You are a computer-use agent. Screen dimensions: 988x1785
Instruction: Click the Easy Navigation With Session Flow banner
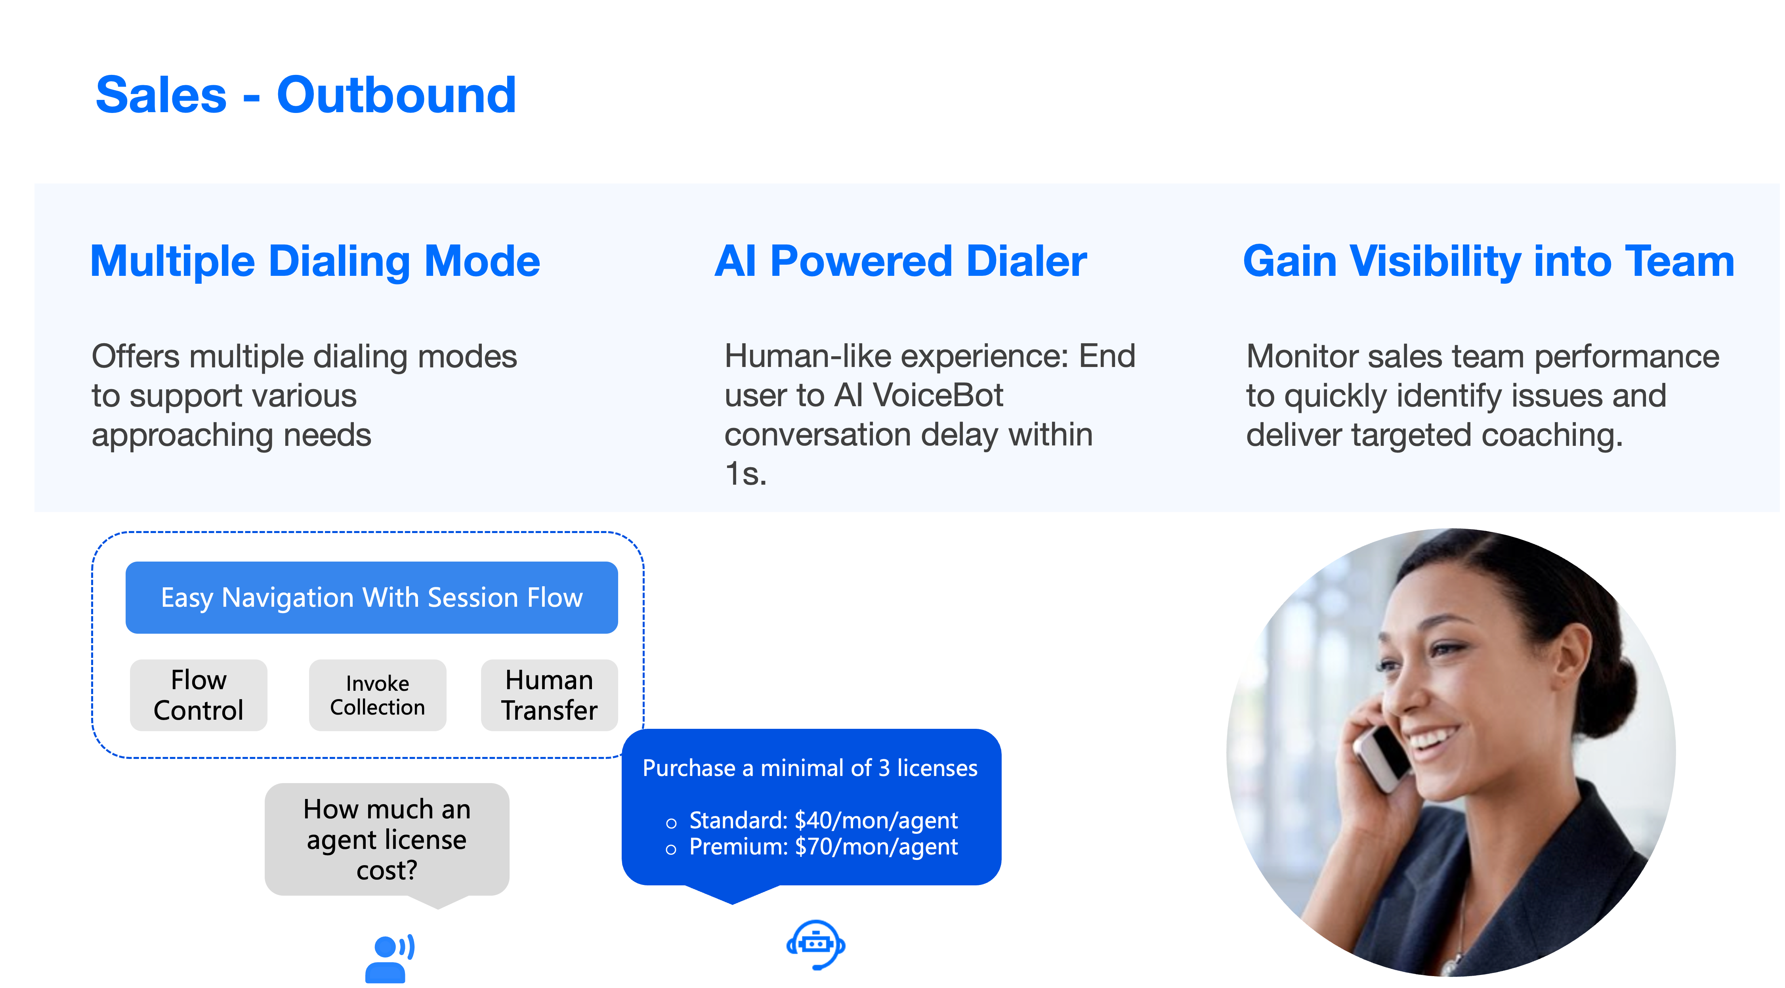point(371,597)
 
